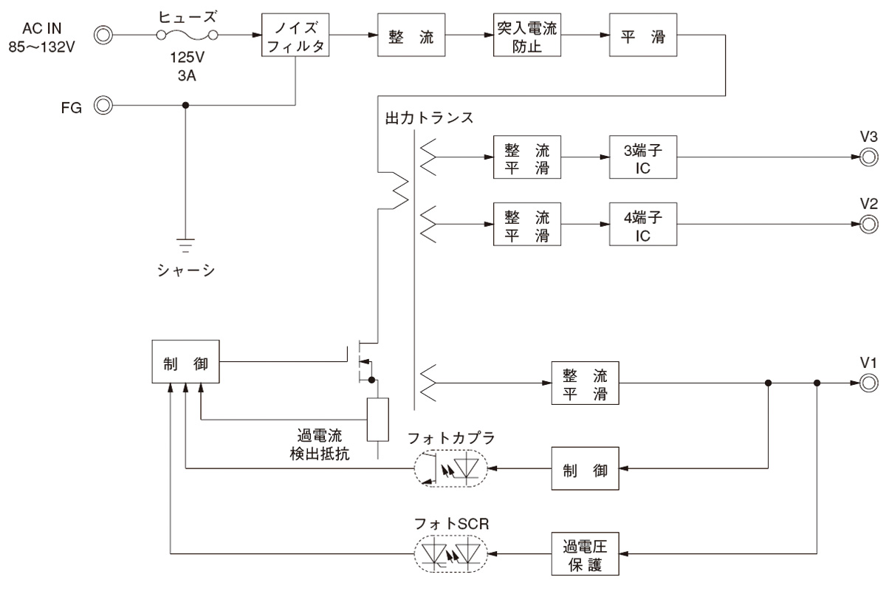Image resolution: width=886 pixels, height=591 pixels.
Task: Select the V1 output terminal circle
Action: point(868,383)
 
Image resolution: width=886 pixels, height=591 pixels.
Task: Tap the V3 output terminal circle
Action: point(868,157)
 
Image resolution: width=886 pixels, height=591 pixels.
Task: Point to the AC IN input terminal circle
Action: point(104,33)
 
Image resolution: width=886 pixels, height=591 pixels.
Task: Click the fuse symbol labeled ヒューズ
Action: point(185,34)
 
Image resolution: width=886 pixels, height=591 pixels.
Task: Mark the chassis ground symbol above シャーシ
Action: point(185,242)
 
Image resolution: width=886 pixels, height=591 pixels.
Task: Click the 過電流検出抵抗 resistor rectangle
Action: point(377,420)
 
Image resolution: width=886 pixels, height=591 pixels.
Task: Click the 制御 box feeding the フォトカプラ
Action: point(584,468)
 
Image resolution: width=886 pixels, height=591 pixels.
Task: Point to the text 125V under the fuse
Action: point(185,58)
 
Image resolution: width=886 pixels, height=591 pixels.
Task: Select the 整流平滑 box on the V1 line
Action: point(584,383)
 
